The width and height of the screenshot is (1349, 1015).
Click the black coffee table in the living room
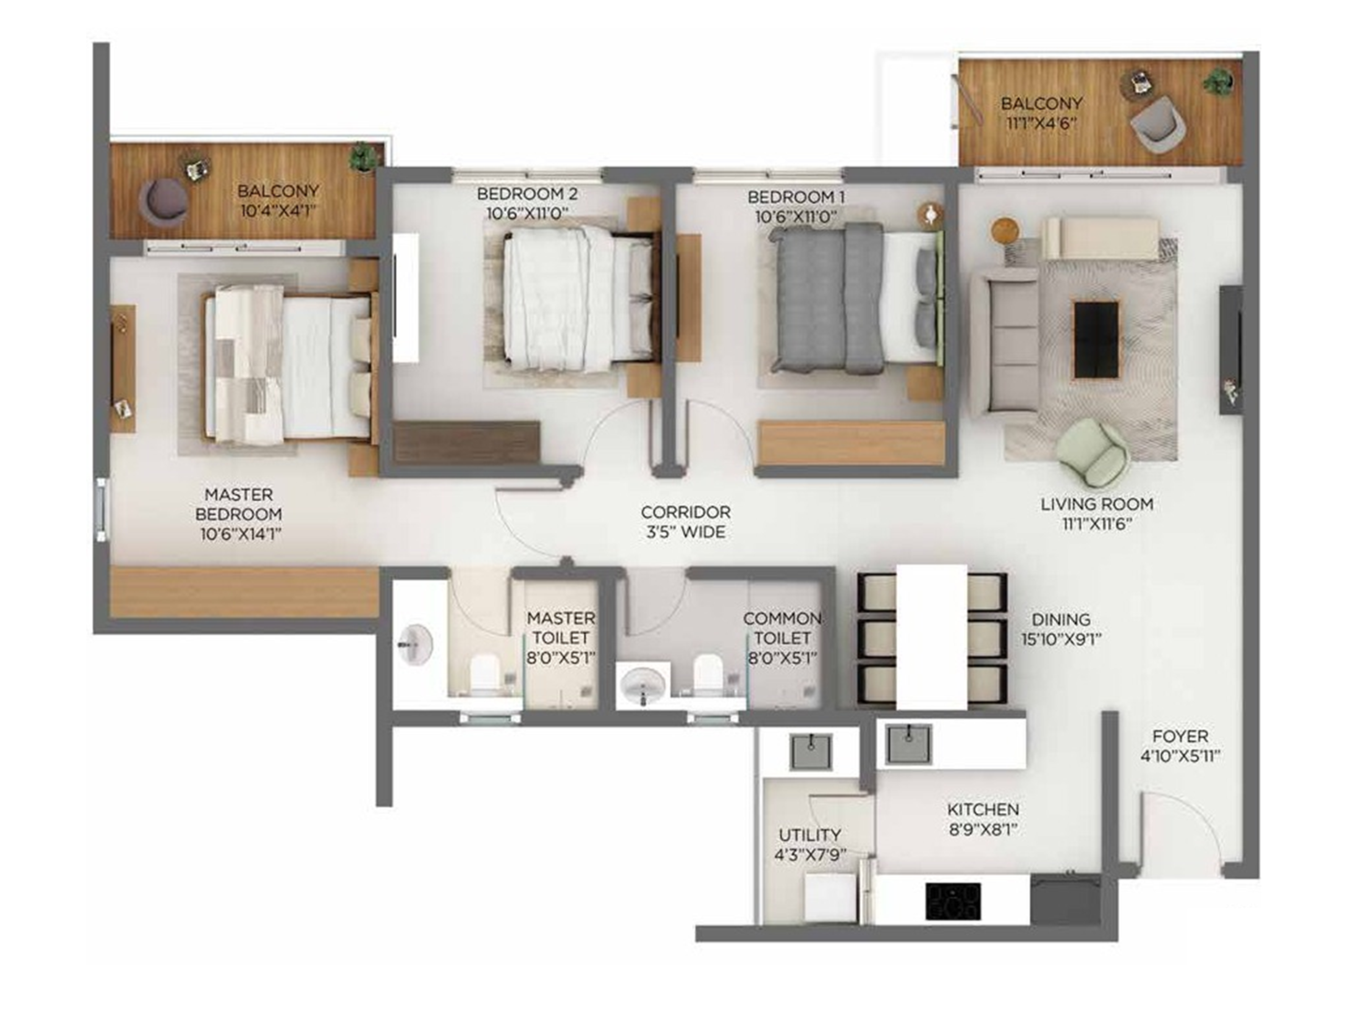point(1096,340)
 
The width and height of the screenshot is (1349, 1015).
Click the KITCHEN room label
point(983,810)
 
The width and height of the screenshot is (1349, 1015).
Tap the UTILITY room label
point(810,835)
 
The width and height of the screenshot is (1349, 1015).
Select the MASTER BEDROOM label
point(239,504)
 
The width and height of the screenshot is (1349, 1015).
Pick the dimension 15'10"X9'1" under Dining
point(1061,639)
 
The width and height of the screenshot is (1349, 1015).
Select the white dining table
point(931,637)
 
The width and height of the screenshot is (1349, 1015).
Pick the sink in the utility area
point(811,752)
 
